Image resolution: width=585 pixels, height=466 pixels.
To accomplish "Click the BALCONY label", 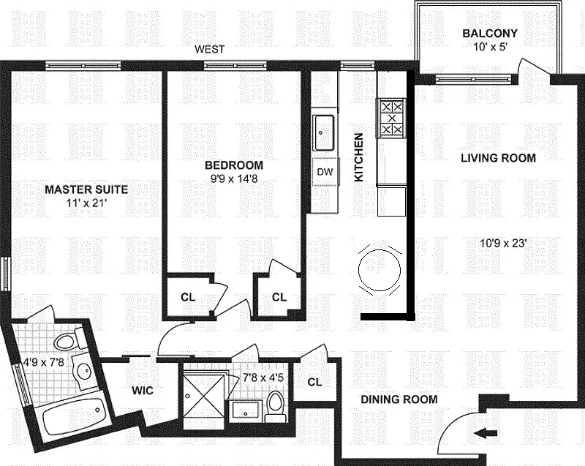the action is (x=490, y=33).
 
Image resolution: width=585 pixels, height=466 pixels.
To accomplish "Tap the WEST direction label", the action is (x=210, y=49).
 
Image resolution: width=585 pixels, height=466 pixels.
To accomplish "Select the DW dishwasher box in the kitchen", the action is (x=325, y=172).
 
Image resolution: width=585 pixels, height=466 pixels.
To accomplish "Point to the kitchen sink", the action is (x=323, y=132).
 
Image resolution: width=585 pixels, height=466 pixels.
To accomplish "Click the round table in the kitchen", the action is (x=380, y=270).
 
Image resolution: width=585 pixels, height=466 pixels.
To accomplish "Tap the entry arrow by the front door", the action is (x=486, y=433).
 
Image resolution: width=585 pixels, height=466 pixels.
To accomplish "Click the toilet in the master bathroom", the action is (x=69, y=338).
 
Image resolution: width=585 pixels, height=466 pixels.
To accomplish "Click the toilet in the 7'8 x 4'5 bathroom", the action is (x=276, y=407).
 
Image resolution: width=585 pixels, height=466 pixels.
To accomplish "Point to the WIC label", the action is (x=143, y=391).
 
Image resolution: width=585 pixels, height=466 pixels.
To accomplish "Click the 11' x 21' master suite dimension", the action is (x=86, y=203).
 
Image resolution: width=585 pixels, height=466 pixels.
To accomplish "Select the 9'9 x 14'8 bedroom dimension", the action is (x=234, y=179).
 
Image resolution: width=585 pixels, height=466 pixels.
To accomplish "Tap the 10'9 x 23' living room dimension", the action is (x=503, y=244).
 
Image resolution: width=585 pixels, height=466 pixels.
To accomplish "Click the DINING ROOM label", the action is (x=399, y=399).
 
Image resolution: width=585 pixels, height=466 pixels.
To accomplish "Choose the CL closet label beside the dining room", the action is (x=315, y=382).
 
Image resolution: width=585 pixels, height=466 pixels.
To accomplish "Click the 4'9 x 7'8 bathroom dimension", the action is (x=45, y=362).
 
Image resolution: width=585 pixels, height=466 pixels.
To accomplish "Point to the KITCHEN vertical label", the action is (x=358, y=157).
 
